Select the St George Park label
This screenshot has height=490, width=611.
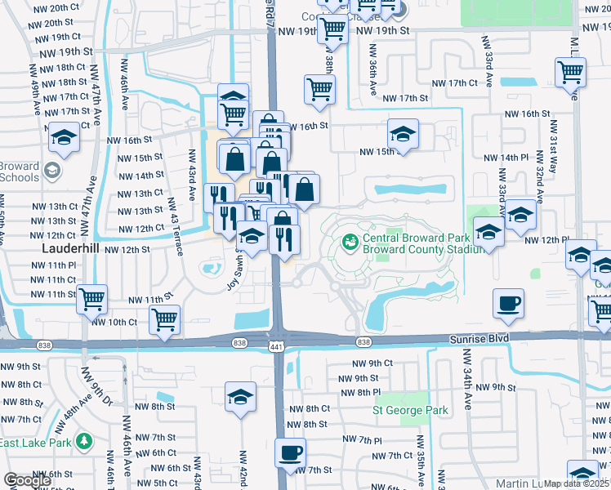click(x=410, y=410)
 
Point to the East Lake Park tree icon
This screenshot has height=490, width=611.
click(x=83, y=442)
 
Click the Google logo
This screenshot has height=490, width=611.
click(x=27, y=481)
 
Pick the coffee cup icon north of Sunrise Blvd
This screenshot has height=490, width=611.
click(x=507, y=304)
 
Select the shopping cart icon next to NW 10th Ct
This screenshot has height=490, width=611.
click(x=165, y=318)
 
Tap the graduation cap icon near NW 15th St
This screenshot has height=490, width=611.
click(x=403, y=133)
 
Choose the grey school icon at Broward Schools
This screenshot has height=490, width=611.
click(x=53, y=171)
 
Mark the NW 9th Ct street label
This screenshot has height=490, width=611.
click(x=372, y=363)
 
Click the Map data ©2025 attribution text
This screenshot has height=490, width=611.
click(x=577, y=483)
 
